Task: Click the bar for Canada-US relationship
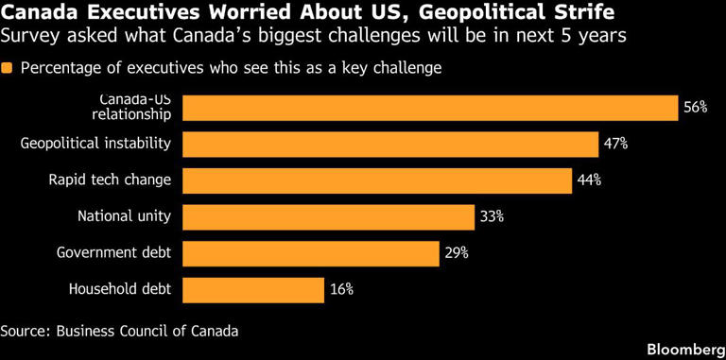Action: click(x=430, y=108)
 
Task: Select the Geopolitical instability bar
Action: click(x=390, y=145)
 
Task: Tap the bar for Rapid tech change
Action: click(x=377, y=180)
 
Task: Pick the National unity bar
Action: click(x=328, y=217)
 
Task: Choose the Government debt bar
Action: click(x=311, y=253)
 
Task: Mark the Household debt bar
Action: click(x=253, y=290)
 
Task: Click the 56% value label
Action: click(x=696, y=108)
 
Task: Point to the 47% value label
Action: click(x=615, y=145)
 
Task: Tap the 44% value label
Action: click(x=590, y=180)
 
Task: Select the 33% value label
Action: click(x=492, y=217)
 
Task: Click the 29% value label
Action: click(x=457, y=253)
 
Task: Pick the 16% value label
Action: click(x=341, y=290)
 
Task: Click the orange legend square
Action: click(x=7, y=68)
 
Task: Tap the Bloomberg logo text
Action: click(x=686, y=349)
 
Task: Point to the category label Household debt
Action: click(x=120, y=290)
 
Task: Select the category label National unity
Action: click(x=124, y=216)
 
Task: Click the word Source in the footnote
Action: click(x=25, y=332)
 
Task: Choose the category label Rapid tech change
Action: click(x=111, y=180)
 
